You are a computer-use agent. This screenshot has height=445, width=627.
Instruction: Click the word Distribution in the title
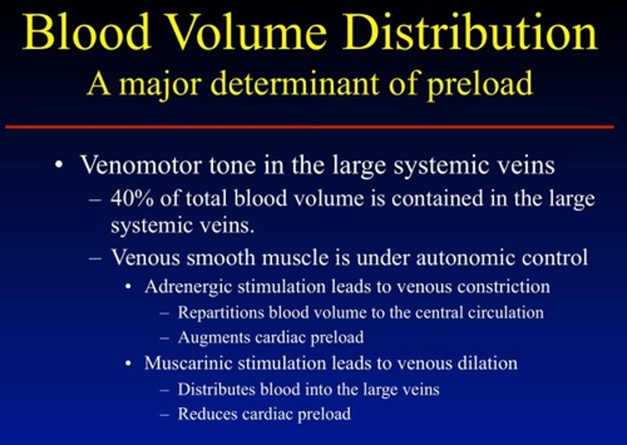coord(470,33)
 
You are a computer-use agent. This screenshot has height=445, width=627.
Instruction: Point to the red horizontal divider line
coord(309,127)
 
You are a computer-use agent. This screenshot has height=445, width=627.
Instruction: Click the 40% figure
coord(131,199)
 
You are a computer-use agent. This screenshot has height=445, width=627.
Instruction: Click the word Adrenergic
coord(188,287)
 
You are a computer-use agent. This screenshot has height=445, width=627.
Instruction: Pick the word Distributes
coord(216,389)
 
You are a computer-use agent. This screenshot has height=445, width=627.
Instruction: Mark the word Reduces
coord(207,414)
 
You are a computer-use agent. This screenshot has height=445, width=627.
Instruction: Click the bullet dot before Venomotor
coord(59,166)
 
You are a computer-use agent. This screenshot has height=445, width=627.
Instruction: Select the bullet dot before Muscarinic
coord(128,364)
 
